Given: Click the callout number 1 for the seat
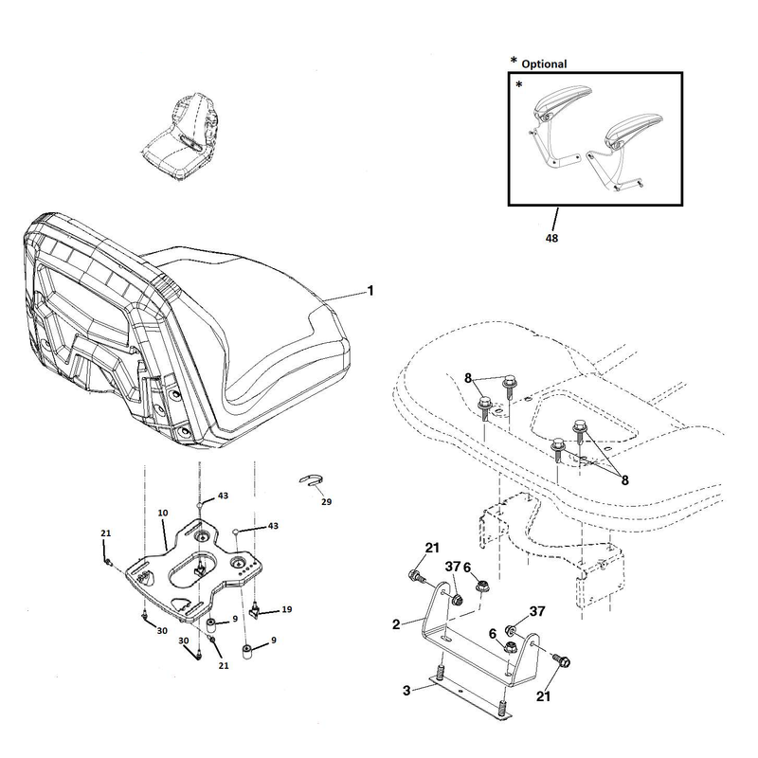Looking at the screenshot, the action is [370, 291].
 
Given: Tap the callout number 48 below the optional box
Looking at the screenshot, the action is [551, 238].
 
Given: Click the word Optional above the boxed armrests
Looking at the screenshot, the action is [544, 63].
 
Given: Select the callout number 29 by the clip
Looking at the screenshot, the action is [326, 502].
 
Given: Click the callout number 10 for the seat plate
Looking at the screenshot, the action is [163, 513].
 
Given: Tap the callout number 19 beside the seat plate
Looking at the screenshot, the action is [287, 609].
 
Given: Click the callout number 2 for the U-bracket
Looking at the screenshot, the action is [396, 624].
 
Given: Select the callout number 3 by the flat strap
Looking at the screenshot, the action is [406, 691].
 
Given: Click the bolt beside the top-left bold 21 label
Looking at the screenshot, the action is [416, 576].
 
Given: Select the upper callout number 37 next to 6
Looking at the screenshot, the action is [453, 567].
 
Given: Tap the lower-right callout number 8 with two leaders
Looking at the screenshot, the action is [624, 480].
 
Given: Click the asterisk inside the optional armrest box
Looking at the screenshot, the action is [518, 85].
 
